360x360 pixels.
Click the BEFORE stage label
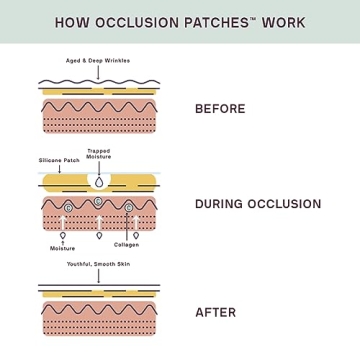point(220,108)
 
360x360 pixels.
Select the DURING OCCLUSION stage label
point(258,204)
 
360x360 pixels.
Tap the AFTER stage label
point(215,312)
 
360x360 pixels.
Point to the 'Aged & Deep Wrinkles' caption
point(98,61)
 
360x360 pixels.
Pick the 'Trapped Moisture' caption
point(99,154)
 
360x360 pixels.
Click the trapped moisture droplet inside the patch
point(99,182)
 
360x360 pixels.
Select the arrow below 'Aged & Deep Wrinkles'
point(98,72)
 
